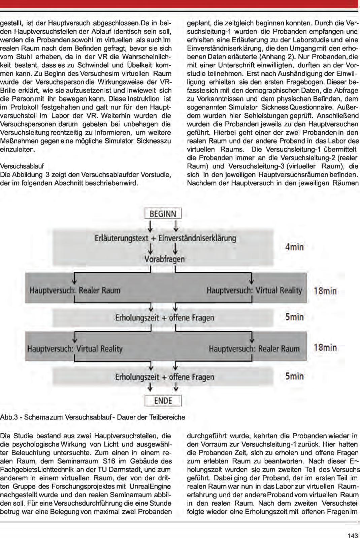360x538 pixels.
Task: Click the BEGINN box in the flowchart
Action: pyautogui.click(x=163, y=214)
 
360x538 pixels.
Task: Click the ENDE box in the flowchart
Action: pyautogui.click(x=163, y=401)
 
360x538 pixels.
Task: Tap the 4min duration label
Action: pyautogui.click(x=294, y=247)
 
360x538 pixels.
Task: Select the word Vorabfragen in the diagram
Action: pyautogui.click(x=165, y=259)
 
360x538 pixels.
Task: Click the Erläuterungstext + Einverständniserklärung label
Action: pyautogui.click(x=165, y=238)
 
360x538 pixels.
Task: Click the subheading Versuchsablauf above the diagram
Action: pyautogui.click(x=22, y=166)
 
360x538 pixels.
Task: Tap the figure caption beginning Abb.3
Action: pyautogui.click(x=93, y=417)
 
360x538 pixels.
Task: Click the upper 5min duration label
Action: pyautogui.click(x=294, y=317)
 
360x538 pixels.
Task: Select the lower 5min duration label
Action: pyautogui.click(x=294, y=376)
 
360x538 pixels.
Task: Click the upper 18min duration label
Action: pyautogui.click(x=325, y=291)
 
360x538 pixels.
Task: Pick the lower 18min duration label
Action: pyautogui.click(x=325, y=347)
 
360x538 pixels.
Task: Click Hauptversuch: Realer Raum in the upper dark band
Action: pyautogui.click(x=75, y=290)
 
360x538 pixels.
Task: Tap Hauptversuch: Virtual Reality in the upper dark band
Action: pyautogui.click(x=254, y=290)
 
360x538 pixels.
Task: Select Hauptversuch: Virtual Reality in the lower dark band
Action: pyautogui.click(x=75, y=349)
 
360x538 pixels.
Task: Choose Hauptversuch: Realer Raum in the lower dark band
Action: pyautogui.click(x=254, y=349)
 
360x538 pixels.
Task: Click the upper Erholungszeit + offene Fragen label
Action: pyautogui.click(x=165, y=318)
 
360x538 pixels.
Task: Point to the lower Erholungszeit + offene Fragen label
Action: pyautogui.click(x=165, y=377)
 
